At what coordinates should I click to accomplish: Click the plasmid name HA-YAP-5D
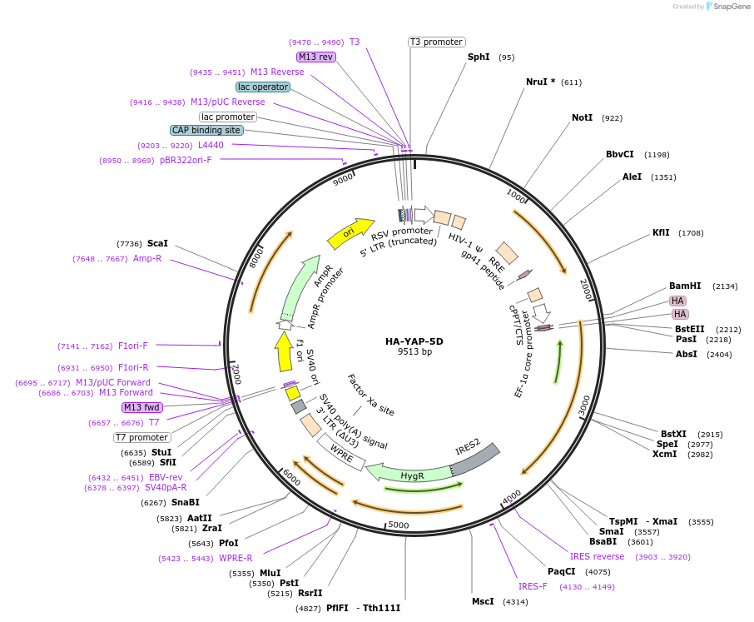tap(414, 341)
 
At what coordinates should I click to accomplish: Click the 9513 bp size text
tap(414, 352)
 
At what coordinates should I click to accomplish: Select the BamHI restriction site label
tap(685, 286)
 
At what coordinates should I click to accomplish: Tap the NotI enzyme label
tap(582, 117)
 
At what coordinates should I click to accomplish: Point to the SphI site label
tap(479, 57)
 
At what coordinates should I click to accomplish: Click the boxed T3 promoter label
tap(436, 42)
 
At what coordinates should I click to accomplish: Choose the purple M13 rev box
tap(315, 57)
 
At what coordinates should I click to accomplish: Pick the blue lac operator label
tap(263, 87)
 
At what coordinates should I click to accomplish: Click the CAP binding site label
tap(206, 130)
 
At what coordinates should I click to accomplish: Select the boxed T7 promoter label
tap(142, 437)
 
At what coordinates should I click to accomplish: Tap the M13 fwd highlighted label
tap(142, 407)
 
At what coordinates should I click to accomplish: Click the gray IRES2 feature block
tap(476, 457)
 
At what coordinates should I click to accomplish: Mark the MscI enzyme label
tap(483, 601)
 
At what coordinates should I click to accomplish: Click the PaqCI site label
tap(561, 571)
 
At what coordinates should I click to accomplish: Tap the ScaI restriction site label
tap(157, 243)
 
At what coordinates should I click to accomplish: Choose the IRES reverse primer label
tap(597, 556)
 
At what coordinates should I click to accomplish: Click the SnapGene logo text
tap(731, 7)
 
